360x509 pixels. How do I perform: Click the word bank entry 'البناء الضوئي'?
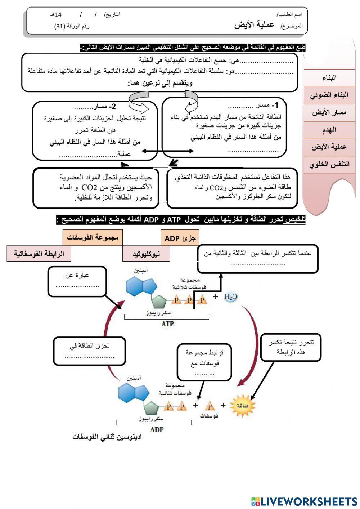[x=329, y=95]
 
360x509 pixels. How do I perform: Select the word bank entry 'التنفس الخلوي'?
[x=329, y=164]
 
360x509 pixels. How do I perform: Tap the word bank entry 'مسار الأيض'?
[x=329, y=112]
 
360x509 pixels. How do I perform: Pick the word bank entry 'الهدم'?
[x=329, y=130]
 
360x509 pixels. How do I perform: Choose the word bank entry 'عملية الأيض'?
[x=329, y=147]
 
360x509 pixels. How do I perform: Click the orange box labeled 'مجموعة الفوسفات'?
[x=92, y=238]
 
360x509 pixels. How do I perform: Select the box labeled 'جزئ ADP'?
[x=180, y=238]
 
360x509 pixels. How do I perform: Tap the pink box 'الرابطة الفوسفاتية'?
[x=39, y=254]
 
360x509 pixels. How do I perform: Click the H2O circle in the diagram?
[x=230, y=297]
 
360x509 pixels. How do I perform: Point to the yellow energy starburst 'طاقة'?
[x=242, y=406]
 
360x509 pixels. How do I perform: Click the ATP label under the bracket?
[x=167, y=324]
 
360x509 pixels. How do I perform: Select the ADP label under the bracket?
[x=157, y=429]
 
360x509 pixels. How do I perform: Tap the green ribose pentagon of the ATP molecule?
[x=159, y=302]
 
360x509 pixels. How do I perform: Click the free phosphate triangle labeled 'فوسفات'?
[x=210, y=407]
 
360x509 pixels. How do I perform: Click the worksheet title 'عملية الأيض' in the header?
[x=254, y=25]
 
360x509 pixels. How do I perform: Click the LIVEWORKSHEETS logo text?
[x=309, y=501]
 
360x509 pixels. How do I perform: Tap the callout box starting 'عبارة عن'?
[x=77, y=281]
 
